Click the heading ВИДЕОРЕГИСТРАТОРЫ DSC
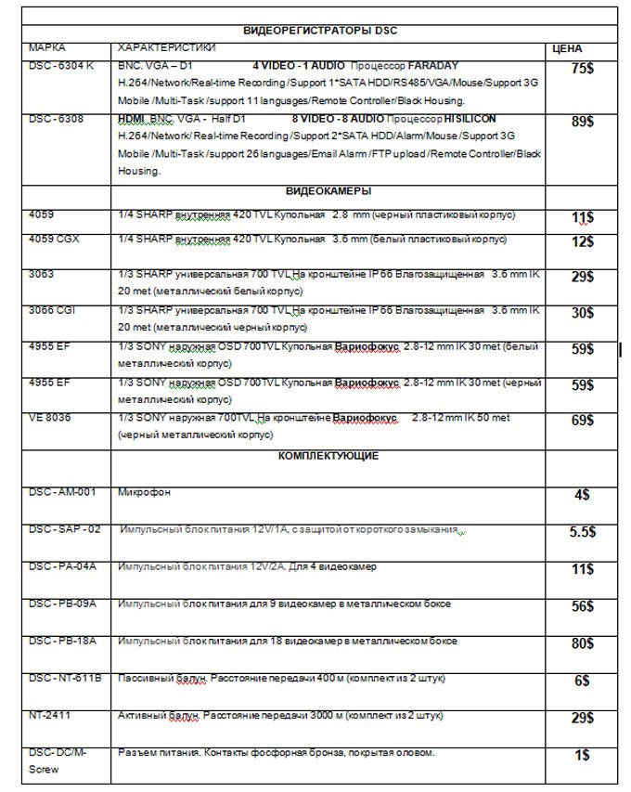coord(318,31)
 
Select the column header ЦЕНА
coord(567,47)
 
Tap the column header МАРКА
coord(47,45)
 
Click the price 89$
coord(583,122)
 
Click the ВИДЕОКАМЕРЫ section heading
coord(328,190)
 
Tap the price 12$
coord(582,242)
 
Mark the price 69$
coord(582,421)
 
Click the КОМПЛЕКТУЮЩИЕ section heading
coord(328,456)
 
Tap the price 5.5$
coord(582,533)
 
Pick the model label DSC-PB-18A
coord(63,641)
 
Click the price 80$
coord(582,643)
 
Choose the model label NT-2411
coord(49,716)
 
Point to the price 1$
coord(582,755)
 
